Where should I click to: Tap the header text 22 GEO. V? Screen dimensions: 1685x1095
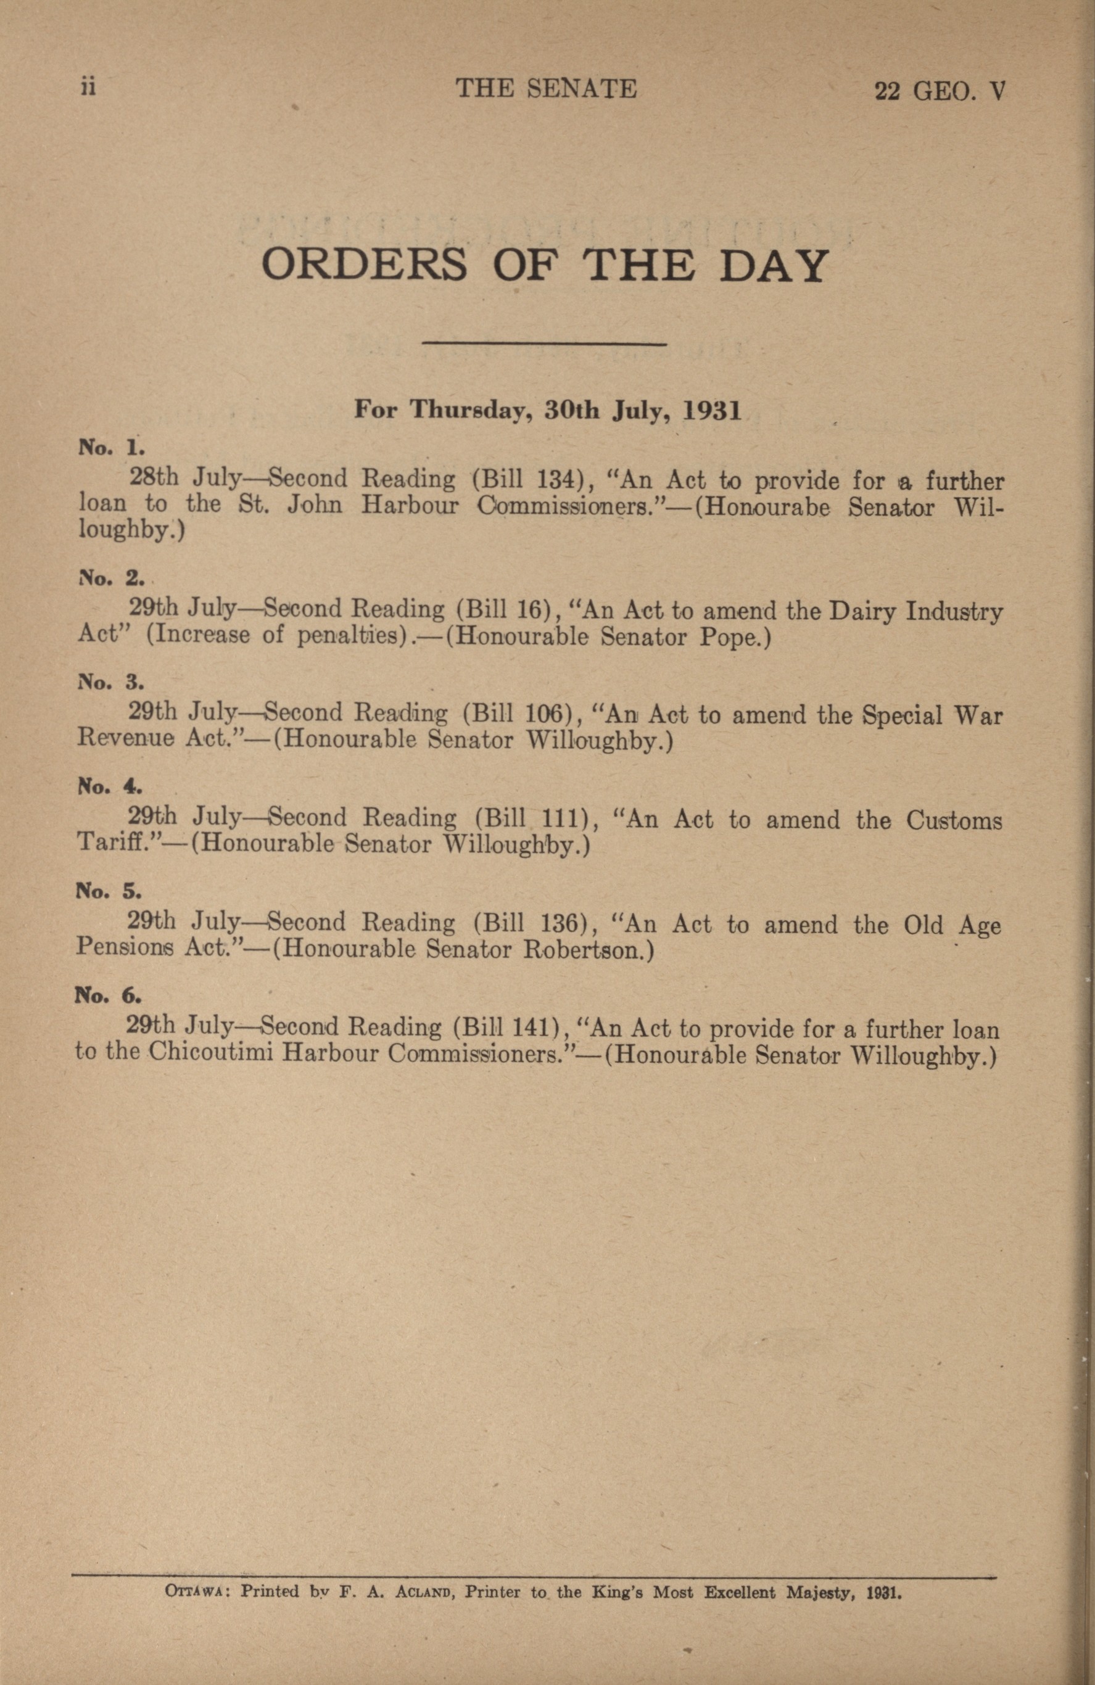click(x=940, y=92)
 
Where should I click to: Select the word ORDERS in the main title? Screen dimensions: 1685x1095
click(x=364, y=265)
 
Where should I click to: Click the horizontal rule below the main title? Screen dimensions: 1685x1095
click(x=544, y=345)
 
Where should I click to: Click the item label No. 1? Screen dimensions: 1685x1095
click(x=111, y=447)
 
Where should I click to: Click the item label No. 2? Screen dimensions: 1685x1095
click(x=111, y=578)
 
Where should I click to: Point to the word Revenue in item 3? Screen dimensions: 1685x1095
click(x=125, y=740)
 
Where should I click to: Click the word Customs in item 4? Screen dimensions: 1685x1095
click(x=954, y=820)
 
